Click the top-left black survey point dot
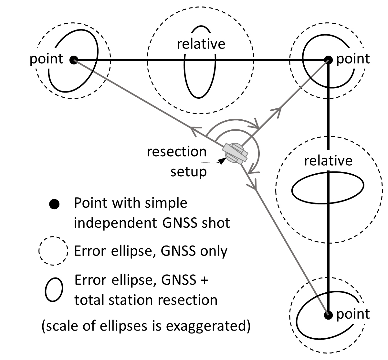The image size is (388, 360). point(74,60)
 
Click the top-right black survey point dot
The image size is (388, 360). point(328,60)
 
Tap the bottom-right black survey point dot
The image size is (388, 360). point(328,314)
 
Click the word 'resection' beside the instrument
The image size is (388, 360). point(176,152)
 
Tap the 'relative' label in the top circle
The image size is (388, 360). point(201,44)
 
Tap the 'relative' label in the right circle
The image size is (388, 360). point(328,161)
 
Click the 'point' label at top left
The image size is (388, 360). point(46,59)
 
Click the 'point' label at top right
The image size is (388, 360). point(353,59)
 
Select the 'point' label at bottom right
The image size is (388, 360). point(353,314)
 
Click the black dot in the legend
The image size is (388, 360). point(54,204)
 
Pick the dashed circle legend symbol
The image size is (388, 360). point(54,251)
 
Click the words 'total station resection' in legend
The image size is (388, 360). point(146,300)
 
